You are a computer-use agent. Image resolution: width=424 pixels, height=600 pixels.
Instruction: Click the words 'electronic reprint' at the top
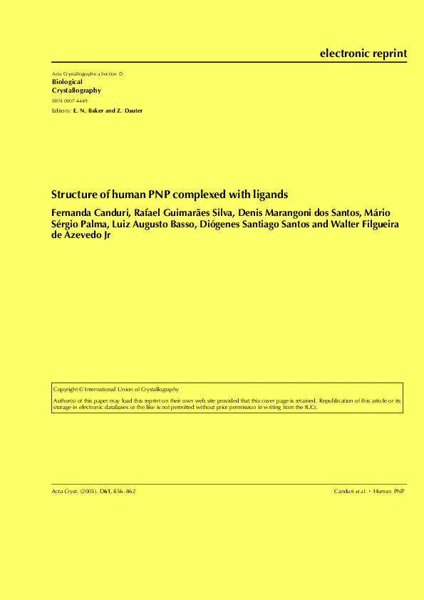[x=363, y=53]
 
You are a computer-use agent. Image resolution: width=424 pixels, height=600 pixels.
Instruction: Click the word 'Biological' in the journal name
[x=68, y=82]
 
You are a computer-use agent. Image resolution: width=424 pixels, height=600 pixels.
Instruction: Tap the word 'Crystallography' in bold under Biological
[x=77, y=90]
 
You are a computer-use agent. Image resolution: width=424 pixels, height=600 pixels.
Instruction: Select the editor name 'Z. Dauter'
[x=130, y=110]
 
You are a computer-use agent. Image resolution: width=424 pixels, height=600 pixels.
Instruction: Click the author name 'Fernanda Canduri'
[x=90, y=212]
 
